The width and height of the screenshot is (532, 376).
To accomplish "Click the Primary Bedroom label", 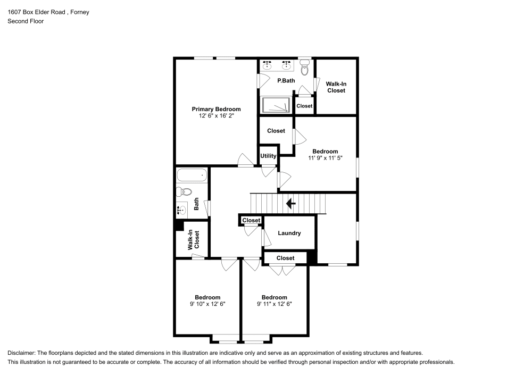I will (216, 109).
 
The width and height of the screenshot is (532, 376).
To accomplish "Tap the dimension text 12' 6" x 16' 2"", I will (216, 116).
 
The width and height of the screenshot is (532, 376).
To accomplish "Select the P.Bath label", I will (286, 81).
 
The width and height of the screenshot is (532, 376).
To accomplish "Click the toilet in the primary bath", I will (304, 68).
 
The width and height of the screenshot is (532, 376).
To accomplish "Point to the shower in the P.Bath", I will (276, 105).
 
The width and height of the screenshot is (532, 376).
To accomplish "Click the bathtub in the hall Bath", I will (191, 175).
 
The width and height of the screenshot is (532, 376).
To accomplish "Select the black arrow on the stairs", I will (291, 203).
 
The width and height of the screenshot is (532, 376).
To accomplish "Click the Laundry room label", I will (289, 233).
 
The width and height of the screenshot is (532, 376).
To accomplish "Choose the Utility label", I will (268, 156).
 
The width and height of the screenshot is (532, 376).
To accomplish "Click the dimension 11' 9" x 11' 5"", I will (325, 157).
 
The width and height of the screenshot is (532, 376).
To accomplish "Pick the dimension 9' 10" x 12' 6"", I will (207, 304).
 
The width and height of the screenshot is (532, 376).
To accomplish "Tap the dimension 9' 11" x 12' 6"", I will (274, 304).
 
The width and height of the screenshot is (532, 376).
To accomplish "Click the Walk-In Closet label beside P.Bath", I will (336, 87).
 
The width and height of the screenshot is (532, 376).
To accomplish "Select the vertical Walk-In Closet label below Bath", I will (193, 240).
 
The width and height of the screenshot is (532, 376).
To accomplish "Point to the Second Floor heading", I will (26, 21).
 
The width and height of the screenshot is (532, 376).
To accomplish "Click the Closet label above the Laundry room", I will (251, 220).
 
